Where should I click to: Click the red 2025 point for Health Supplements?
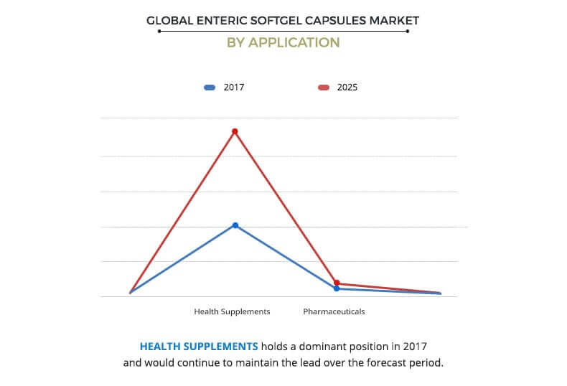coord(235,131)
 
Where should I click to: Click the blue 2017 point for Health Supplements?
coord(235,225)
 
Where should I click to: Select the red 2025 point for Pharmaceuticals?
coord(337,283)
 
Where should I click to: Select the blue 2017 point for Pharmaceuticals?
coord(337,288)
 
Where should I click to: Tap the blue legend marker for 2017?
coord(210,88)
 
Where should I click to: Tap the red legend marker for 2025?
coord(324,88)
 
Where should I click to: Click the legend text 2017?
coord(233,88)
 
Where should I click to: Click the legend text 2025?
coord(347,88)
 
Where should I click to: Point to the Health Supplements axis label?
coord(232,311)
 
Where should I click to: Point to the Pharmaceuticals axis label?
coord(334,311)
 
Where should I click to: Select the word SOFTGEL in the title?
coord(276,21)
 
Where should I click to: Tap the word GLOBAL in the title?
coord(170,21)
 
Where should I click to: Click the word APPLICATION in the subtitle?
coord(294,42)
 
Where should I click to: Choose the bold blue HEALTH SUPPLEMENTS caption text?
coord(199,347)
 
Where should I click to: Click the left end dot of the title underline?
coord(159,32)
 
